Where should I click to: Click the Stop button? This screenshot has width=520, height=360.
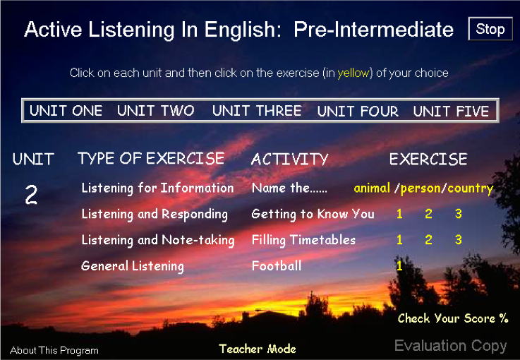click(490, 29)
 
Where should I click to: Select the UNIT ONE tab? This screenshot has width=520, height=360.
click(66, 111)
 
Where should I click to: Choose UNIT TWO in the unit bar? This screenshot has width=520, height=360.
click(155, 111)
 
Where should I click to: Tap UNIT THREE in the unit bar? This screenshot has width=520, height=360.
click(257, 111)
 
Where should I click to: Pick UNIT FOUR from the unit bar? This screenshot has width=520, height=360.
click(358, 111)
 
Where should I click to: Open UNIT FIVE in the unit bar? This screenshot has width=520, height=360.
click(451, 111)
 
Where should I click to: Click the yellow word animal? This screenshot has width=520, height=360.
click(372, 188)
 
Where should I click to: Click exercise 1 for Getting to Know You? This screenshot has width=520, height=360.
click(399, 214)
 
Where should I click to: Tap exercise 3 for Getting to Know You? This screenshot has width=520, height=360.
click(459, 214)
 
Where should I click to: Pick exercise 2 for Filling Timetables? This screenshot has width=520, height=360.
click(428, 239)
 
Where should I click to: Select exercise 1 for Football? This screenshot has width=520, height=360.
click(399, 265)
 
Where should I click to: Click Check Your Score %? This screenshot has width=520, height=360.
click(453, 318)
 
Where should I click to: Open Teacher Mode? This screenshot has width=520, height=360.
click(258, 349)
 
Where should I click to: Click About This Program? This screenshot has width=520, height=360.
click(54, 350)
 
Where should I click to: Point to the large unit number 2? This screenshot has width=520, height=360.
click(31, 194)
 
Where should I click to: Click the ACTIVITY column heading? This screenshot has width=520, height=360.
click(289, 160)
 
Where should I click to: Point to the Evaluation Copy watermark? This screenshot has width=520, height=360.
click(451, 346)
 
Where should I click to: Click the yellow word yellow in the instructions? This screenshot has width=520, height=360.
click(353, 73)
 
